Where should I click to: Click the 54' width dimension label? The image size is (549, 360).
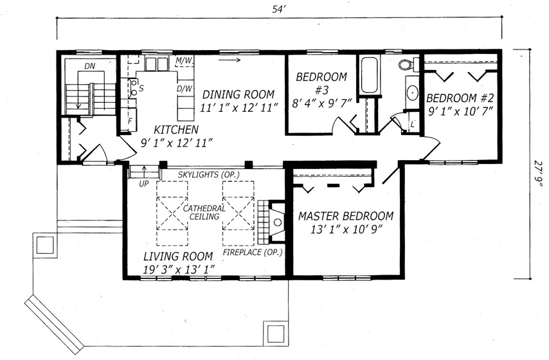(280, 9)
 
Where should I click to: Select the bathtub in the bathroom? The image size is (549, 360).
(369, 75)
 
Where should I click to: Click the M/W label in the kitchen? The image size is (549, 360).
(184, 61)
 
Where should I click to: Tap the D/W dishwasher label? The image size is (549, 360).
(184, 89)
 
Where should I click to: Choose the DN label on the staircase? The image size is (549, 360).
(89, 66)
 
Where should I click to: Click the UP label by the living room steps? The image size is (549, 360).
(144, 183)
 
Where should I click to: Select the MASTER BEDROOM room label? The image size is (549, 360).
(346, 216)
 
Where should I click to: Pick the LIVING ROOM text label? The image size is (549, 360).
(178, 256)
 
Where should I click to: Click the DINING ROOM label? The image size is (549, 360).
(239, 94)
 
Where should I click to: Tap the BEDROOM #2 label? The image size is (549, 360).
(460, 98)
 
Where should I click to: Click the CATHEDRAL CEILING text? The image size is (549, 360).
(204, 212)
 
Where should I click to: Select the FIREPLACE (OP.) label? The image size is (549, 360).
(253, 252)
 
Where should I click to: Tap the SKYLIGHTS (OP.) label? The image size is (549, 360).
(209, 174)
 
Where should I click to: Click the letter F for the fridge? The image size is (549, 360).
(130, 122)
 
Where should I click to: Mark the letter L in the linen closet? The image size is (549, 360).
(413, 124)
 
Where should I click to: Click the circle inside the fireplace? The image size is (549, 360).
(278, 222)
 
